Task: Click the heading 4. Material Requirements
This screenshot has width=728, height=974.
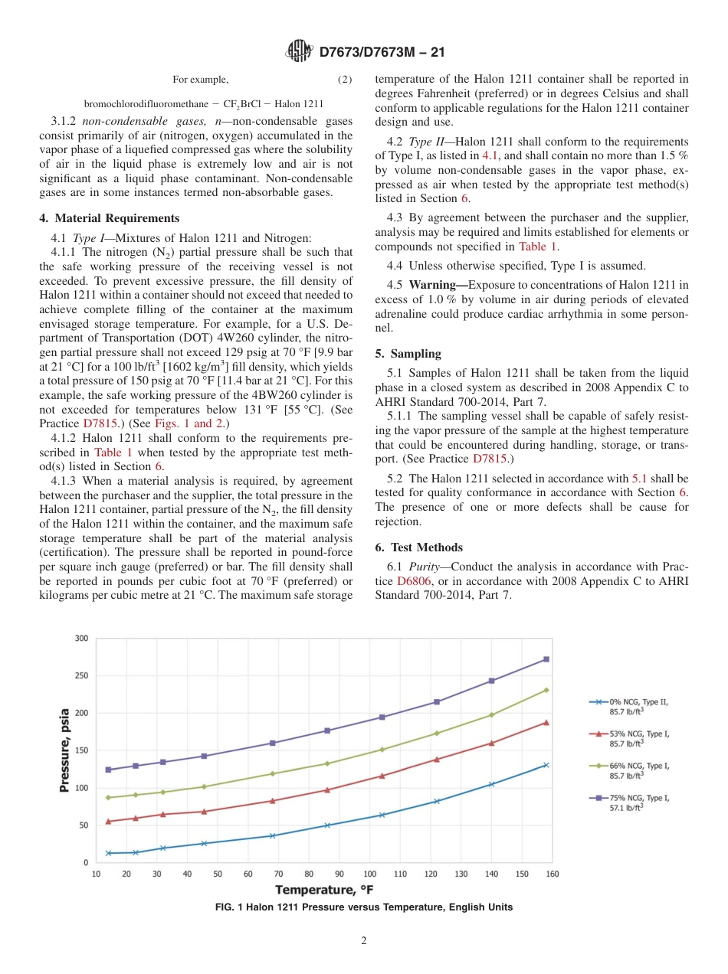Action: pyautogui.click(x=110, y=218)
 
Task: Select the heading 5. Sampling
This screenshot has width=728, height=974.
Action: pyautogui.click(x=408, y=354)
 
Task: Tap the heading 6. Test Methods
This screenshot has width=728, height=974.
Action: pyautogui.click(x=418, y=547)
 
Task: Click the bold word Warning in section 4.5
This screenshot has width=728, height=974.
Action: pyautogui.click(x=438, y=286)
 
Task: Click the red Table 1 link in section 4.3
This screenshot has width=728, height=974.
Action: pyautogui.click(x=538, y=247)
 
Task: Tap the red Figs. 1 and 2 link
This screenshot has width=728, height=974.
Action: pyautogui.click(x=198, y=423)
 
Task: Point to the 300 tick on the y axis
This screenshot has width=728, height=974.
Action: pyautogui.click(x=80, y=639)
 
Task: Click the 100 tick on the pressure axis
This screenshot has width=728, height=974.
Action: pyautogui.click(x=80, y=788)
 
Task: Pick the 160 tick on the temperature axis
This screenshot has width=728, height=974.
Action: pyautogui.click(x=552, y=874)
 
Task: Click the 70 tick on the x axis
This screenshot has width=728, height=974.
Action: pyautogui.click(x=278, y=874)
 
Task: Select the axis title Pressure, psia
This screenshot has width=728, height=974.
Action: pyautogui.click(x=65, y=750)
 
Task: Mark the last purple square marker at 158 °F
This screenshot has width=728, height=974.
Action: pyautogui.click(x=546, y=659)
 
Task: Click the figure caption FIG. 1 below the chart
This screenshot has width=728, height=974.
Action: pyautogui.click(x=364, y=907)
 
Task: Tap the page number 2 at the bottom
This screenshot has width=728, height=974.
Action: pyautogui.click(x=364, y=941)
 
